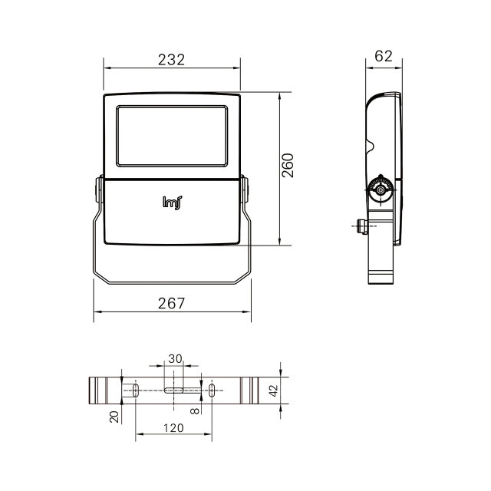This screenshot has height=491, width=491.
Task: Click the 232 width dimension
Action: tap(171, 60)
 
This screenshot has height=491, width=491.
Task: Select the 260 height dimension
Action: tap(288, 166)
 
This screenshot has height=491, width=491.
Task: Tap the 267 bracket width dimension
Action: tap(171, 304)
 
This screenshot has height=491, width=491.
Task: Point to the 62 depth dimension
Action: tap(384, 56)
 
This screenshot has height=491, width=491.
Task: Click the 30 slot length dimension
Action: tap(175, 359)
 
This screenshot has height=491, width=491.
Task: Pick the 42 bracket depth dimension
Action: tap(274, 390)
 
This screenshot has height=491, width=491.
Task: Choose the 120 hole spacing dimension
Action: tap(173, 428)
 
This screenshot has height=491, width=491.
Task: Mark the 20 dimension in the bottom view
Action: tap(114, 417)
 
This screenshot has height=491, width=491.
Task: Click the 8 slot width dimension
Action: tap(195, 411)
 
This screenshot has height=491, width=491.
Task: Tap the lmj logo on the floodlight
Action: tap(172, 203)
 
